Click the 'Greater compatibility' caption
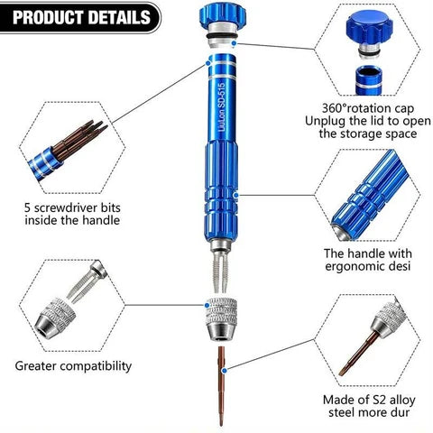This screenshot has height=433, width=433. [73, 366]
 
